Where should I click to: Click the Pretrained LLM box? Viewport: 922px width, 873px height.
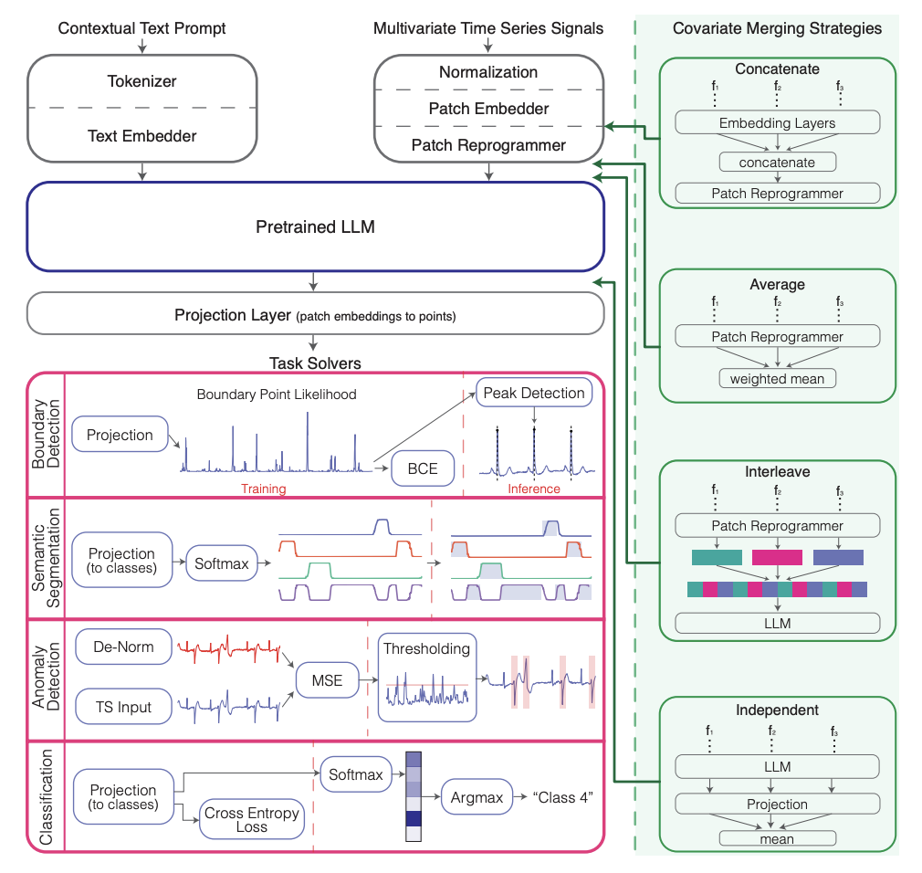(x=315, y=226)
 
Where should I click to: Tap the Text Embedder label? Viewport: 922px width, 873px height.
(x=141, y=136)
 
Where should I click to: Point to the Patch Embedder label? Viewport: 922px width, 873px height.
(x=488, y=109)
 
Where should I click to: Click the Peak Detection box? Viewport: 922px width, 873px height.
(x=534, y=393)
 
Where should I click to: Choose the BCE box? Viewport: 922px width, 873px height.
(x=423, y=469)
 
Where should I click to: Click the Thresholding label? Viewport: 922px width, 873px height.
(x=426, y=648)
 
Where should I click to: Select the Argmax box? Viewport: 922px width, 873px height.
(x=477, y=797)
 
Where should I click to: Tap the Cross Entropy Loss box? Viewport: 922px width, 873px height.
(x=251, y=819)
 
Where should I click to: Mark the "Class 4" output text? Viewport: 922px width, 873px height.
(x=563, y=797)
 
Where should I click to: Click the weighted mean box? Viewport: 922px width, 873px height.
(x=777, y=378)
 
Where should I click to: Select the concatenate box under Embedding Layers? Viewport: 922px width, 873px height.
(x=777, y=163)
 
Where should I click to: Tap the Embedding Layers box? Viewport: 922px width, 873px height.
(x=777, y=123)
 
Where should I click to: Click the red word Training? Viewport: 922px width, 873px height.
(x=263, y=489)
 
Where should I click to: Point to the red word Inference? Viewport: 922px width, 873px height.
(x=534, y=489)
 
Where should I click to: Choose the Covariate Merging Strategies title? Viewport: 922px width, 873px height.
(x=777, y=28)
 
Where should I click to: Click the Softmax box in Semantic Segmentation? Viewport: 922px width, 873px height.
(x=221, y=563)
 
